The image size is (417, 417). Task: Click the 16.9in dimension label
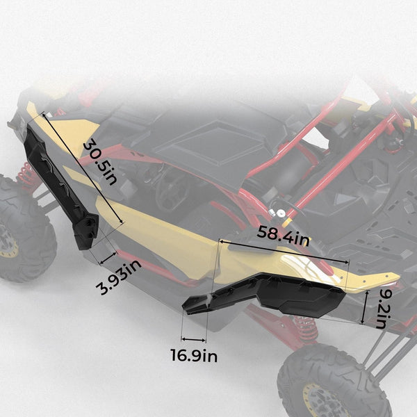click(x=194, y=356)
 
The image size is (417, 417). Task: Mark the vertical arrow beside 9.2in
click(x=364, y=307)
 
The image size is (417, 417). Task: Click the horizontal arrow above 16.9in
click(x=194, y=340)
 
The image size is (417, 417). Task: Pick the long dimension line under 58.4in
click(x=284, y=252)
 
